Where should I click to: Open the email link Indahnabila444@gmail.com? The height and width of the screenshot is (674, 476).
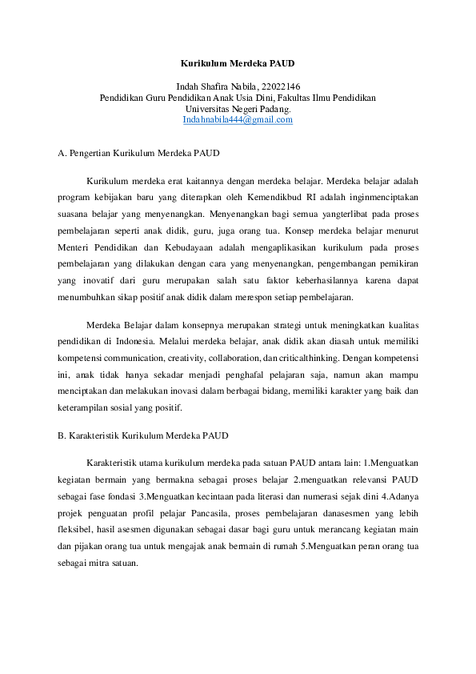[x=238, y=120]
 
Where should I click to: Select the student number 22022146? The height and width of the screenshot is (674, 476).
[x=282, y=86]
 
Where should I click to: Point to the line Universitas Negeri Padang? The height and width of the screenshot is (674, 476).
[x=238, y=108]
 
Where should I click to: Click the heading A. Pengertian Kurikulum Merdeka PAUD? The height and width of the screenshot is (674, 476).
[x=139, y=153]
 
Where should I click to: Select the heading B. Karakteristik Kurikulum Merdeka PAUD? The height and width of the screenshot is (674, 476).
[x=144, y=436]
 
